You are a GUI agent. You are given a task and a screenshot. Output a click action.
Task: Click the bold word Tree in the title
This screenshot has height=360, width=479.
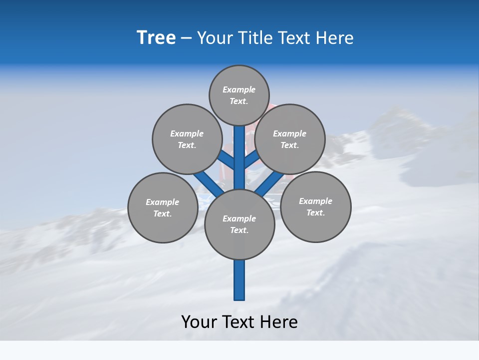[x=156, y=38]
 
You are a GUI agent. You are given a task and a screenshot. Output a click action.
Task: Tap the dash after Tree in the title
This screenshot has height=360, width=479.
[x=186, y=38]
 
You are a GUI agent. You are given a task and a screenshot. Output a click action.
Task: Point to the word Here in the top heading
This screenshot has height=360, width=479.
[x=334, y=38]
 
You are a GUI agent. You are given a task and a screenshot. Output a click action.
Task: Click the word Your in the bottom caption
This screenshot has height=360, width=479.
[x=199, y=322]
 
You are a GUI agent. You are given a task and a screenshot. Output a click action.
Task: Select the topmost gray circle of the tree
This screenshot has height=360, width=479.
[x=239, y=95]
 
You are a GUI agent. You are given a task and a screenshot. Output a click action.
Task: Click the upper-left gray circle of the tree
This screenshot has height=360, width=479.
[x=187, y=139]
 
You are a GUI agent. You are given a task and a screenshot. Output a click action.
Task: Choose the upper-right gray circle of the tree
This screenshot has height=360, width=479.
[x=290, y=139]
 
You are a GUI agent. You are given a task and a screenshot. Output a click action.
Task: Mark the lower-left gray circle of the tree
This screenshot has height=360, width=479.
[x=163, y=207]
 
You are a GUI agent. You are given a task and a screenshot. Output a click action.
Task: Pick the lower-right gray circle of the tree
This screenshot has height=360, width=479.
[x=315, y=206]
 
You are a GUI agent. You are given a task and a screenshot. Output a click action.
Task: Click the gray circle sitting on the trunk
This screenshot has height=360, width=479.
[x=239, y=224]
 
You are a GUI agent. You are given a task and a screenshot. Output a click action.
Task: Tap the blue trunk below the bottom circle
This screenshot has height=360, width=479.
[x=239, y=280]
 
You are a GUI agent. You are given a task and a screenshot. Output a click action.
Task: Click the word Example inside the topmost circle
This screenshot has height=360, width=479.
[x=239, y=89]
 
